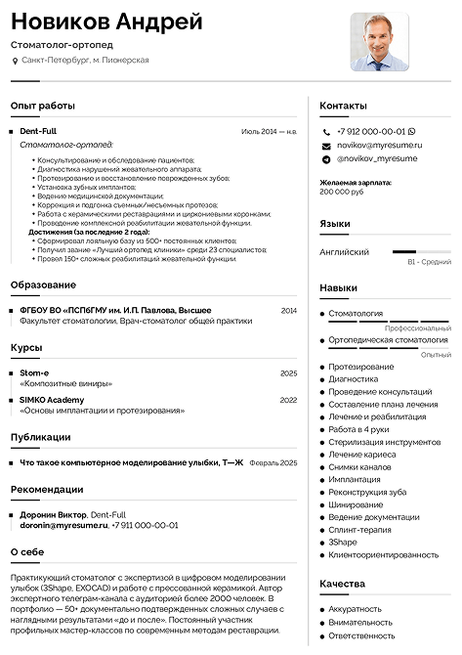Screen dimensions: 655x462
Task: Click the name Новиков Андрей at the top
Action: [106, 22]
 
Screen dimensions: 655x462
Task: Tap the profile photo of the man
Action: [379, 41]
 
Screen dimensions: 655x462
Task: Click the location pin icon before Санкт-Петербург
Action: [15, 61]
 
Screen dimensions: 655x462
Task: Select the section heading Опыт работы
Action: [42, 105]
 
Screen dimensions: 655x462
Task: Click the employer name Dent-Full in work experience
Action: [38, 130]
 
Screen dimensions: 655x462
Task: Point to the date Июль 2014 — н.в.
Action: [269, 130]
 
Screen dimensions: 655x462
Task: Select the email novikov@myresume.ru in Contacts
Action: [377, 145]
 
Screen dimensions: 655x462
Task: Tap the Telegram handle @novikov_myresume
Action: [376, 158]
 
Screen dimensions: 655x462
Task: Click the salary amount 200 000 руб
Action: [341, 192]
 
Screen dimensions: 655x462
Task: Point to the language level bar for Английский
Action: [421, 252]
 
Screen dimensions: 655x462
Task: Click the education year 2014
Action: [288, 310]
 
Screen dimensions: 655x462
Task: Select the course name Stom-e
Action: [34, 373]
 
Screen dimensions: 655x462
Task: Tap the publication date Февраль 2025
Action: [273, 462]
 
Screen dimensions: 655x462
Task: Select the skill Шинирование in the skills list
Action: [356, 504]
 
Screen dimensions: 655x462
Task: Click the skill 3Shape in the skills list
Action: [343, 542]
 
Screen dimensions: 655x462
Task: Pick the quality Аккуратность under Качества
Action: [356, 608]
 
